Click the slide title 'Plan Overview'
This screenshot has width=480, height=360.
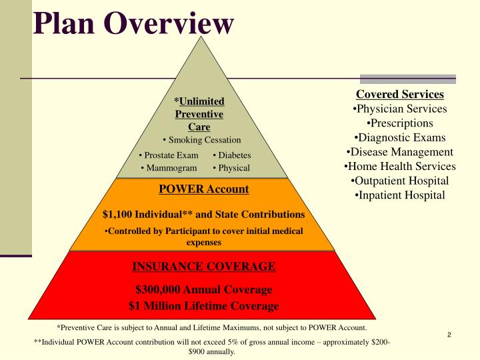tap(133, 24)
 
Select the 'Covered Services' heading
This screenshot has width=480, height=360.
tap(399, 94)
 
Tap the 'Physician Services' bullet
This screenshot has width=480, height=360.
tap(399, 109)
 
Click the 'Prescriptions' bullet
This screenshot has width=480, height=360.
tap(399, 123)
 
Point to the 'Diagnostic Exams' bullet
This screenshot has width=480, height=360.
tap(399, 137)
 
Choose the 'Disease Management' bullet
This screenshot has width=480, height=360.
tap(399, 152)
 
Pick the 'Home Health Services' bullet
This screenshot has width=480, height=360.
tap(399, 166)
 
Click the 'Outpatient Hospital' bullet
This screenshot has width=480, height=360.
tap(399, 181)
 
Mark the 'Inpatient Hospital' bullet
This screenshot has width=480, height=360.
tap(399, 195)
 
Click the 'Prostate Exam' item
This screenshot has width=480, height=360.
tap(169, 155)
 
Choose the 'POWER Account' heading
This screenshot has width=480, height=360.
tap(203, 189)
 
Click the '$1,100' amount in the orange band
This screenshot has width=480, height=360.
tap(117, 215)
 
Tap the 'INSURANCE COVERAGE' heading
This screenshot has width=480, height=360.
tap(203, 267)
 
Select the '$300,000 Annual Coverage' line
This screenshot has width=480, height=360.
tap(203, 289)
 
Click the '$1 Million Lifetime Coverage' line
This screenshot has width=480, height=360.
tap(203, 306)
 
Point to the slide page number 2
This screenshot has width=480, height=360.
tap(449, 335)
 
